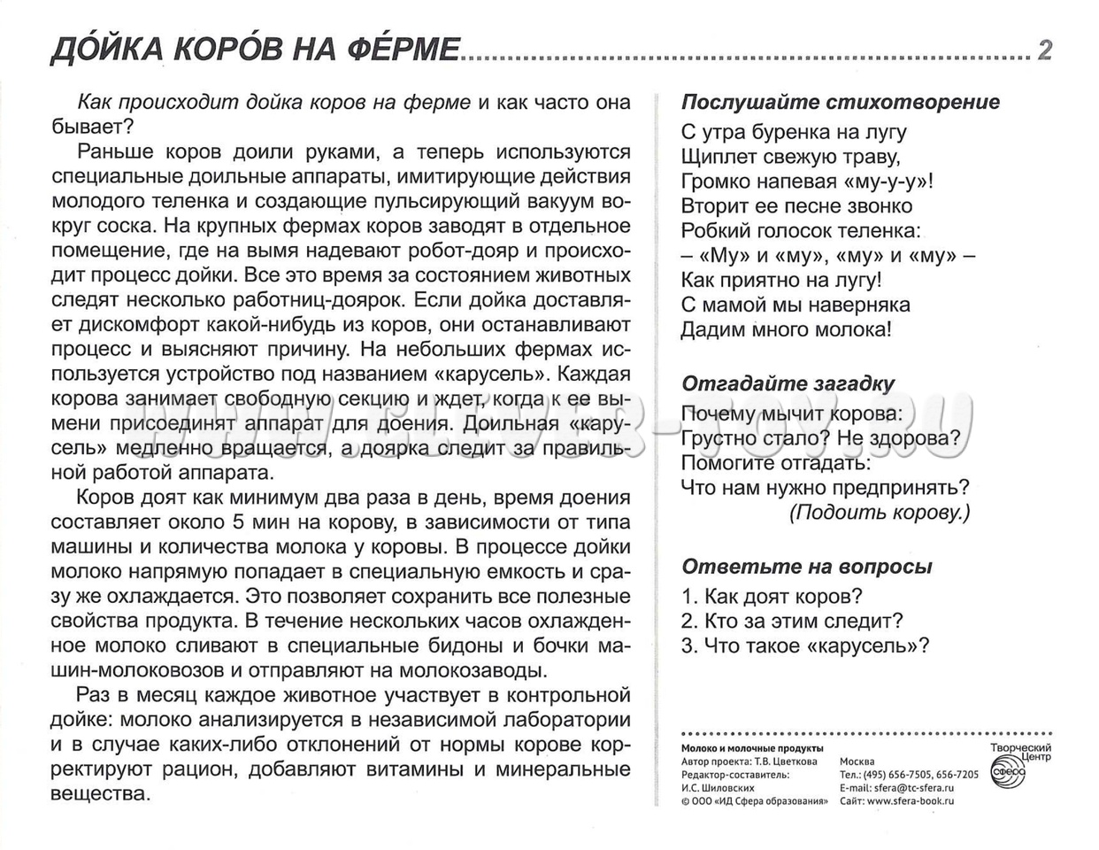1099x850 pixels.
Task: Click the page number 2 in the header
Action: (x=1044, y=50)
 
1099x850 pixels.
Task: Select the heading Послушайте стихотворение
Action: (x=841, y=102)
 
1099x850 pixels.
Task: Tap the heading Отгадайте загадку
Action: (x=788, y=383)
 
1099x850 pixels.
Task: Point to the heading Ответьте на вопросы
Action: (x=807, y=567)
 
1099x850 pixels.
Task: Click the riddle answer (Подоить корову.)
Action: (x=880, y=512)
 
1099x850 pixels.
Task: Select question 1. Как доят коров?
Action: (x=772, y=596)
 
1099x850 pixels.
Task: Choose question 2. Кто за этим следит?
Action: (x=792, y=621)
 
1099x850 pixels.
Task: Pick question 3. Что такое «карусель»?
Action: (x=805, y=645)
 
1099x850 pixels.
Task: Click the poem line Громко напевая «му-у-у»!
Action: (x=808, y=182)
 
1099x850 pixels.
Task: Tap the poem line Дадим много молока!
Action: (x=787, y=329)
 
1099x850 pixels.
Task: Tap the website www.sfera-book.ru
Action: (x=911, y=800)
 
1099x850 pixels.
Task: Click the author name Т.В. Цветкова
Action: (x=787, y=761)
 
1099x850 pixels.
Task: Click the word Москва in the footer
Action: (x=857, y=761)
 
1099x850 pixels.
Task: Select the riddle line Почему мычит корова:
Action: (x=792, y=413)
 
